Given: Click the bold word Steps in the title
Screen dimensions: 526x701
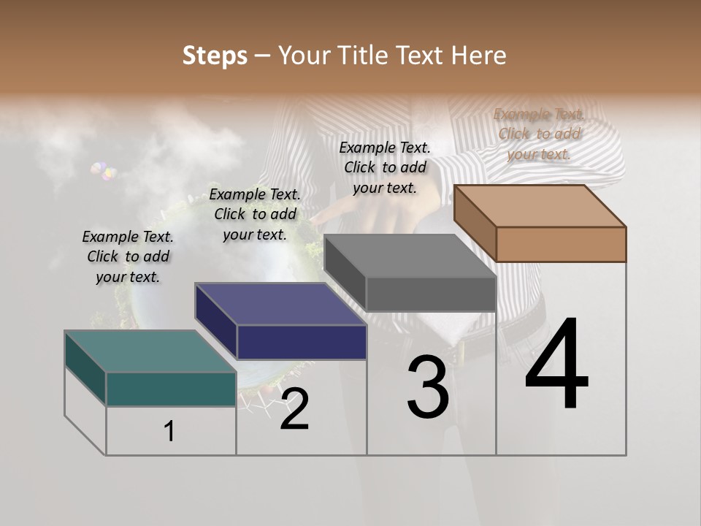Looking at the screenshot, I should point(215,56).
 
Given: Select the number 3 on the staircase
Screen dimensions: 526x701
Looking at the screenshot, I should point(428,386).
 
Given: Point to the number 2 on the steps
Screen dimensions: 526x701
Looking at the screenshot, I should point(294,409).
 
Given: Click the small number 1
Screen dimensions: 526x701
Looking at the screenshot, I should point(169,432).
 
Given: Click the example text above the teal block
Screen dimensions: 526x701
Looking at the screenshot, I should point(128,257).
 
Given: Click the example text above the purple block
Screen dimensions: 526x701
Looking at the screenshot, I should point(255,214).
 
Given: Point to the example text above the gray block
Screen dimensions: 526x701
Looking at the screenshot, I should point(385,167).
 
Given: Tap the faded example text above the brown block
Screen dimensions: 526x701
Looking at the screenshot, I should point(539,134).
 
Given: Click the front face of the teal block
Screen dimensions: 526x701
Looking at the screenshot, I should point(171,389).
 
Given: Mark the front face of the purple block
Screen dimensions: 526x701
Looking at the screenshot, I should point(301,342).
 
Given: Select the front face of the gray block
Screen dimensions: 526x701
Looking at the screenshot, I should point(430,294).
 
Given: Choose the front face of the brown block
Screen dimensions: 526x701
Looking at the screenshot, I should point(561,244).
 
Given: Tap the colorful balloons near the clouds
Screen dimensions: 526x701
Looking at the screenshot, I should point(104,172).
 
